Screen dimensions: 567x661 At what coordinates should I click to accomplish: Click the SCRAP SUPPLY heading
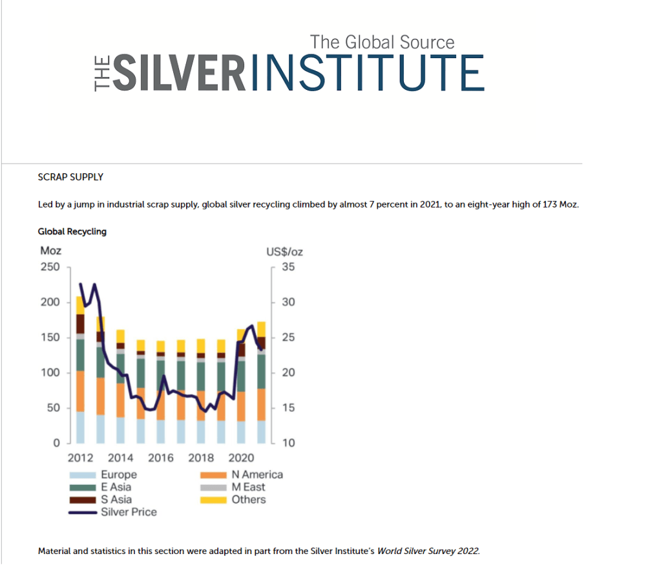70,177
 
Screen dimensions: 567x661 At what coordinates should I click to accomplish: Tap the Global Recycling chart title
72,231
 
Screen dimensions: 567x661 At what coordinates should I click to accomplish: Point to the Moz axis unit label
50,251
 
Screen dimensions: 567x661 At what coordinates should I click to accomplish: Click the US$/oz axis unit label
284,251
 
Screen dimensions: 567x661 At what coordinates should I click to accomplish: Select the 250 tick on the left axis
50,267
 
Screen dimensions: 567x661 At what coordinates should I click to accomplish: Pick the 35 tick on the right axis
288,267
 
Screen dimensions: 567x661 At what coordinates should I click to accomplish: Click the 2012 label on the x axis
81,458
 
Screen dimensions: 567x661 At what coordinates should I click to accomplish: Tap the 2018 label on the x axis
201,458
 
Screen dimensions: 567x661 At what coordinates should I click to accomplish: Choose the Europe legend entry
118,475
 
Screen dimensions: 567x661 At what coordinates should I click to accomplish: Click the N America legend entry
257,475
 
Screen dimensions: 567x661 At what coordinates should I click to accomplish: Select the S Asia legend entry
116,499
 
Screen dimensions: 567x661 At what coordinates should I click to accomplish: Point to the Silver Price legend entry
129,512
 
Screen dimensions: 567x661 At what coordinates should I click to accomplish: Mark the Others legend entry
249,499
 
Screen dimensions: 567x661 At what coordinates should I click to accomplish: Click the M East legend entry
249,487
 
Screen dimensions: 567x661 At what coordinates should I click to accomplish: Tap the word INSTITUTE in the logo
366,73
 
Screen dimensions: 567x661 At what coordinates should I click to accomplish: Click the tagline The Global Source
382,43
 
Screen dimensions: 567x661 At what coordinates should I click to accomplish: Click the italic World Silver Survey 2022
428,551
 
